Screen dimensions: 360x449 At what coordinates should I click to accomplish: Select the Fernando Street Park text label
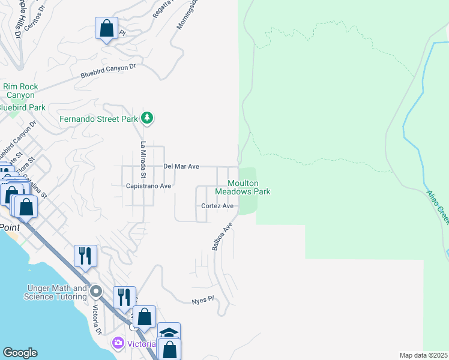[98, 119]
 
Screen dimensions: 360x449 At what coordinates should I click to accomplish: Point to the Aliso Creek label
[438, 208]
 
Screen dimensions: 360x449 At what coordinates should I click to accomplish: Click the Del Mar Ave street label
[181, 166]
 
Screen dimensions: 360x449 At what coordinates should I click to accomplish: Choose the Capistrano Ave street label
[149, 186]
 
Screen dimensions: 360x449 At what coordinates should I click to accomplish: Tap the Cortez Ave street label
[217, 206]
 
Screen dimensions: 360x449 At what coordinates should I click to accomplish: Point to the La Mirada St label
[143, 160]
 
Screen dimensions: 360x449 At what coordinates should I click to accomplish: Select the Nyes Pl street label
[203, 299]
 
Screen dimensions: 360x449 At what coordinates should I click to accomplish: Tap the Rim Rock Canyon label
[20, 91]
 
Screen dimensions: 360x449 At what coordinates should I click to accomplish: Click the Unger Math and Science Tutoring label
[56, 292]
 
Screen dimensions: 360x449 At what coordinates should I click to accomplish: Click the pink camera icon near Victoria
[118, 343]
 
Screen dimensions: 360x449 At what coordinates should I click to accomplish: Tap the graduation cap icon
[169, 332]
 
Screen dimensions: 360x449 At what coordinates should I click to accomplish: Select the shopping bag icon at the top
[106, 28]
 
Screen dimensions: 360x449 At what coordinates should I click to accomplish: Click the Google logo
[20, 353]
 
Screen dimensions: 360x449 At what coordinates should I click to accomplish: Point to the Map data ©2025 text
[424, 355]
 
